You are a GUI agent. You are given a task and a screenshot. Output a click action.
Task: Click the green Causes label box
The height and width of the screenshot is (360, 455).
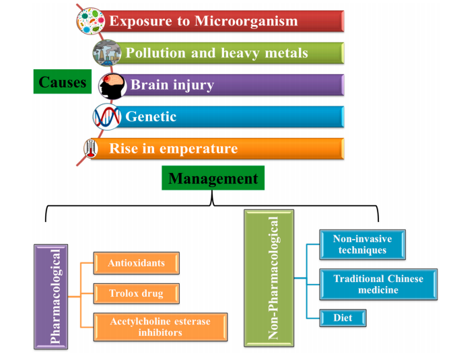63,81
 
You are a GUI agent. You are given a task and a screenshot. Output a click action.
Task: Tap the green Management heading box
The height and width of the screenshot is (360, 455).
213,178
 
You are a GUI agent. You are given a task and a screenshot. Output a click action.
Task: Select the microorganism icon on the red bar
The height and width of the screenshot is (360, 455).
91,21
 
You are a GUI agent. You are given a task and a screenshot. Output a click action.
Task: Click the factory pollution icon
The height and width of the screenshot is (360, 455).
107,52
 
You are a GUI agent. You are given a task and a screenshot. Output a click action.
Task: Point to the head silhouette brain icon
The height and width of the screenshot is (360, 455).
112,86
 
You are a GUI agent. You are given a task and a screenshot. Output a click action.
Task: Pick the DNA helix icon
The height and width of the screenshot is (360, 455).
107,116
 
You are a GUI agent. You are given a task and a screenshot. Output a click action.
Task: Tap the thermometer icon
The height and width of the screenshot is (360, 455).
91,148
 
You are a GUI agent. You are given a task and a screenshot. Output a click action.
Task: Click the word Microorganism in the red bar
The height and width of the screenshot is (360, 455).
246,21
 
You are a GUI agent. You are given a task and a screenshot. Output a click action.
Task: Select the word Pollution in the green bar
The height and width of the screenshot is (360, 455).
155,52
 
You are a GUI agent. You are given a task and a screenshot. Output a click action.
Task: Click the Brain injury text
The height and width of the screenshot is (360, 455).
172,85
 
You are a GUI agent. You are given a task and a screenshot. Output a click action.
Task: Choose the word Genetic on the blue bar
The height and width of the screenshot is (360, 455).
151,116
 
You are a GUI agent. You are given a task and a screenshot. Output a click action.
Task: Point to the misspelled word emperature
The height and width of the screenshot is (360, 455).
199,149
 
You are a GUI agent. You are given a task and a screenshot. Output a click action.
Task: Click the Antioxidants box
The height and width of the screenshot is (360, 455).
137,263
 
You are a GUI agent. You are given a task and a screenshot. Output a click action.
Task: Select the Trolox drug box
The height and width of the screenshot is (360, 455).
137,293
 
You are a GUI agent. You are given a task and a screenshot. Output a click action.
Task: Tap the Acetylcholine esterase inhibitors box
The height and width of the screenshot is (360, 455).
160,327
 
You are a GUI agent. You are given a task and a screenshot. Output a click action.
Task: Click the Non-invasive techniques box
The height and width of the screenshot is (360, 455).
362,244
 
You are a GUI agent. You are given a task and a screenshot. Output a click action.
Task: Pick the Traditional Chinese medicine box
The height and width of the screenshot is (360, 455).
378,284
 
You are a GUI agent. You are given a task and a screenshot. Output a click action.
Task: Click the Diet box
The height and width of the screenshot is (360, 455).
343,318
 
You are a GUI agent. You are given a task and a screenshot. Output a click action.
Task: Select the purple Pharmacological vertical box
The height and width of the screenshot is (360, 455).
50,297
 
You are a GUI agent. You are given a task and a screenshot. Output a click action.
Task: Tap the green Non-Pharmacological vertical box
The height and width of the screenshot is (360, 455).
269,278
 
